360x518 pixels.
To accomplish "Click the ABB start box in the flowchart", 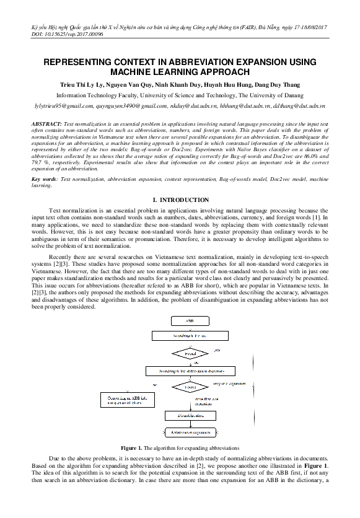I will (190, 322).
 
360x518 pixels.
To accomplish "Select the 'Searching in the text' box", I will (190, 335).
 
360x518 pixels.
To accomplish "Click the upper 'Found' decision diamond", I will (190, 353).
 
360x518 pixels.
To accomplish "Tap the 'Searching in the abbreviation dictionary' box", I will (190, 371).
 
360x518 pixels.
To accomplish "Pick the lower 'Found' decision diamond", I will (190, 387).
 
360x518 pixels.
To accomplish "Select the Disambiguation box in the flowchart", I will (190, 416).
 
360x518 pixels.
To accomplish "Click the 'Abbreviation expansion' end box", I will (190, 432).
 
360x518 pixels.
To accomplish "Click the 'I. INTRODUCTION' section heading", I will (180, 200).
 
